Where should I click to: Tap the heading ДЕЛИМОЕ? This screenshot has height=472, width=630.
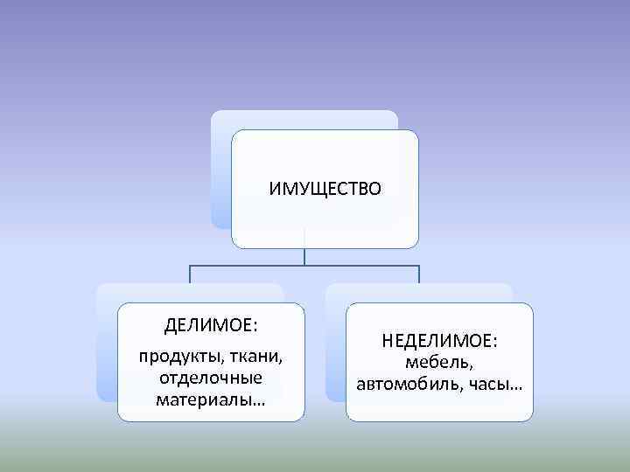tap(210, 326)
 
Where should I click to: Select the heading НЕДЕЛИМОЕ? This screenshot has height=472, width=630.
tap(439, 338)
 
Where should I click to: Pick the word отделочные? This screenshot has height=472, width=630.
tap(211, 378)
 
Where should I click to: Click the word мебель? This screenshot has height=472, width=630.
tap(439, 362)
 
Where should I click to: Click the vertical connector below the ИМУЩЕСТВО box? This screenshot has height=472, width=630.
tap(304, 253)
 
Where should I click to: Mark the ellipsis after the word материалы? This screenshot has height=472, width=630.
tap(261, 402)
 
